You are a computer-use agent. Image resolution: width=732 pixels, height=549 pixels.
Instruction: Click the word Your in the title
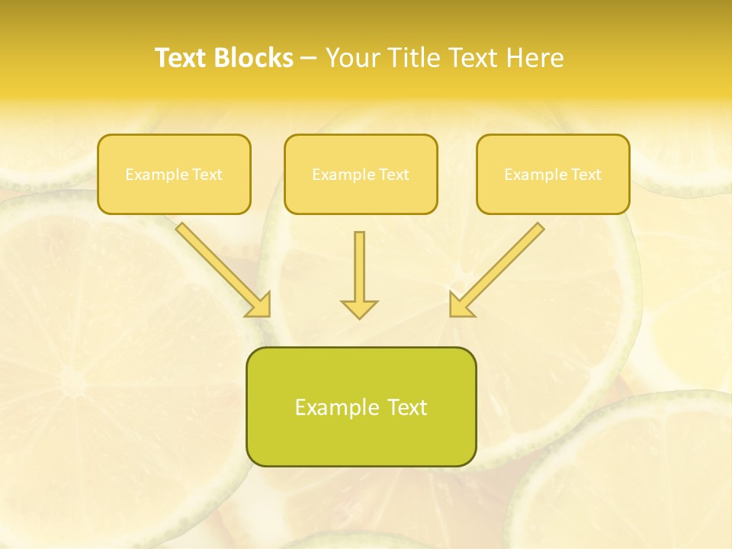coord(352,58)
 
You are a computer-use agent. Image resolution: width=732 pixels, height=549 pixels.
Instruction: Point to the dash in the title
coord(310,58)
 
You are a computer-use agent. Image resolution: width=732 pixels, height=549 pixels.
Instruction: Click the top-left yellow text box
coord(174,174)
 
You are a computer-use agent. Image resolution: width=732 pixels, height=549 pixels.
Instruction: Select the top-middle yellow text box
coord(361,174)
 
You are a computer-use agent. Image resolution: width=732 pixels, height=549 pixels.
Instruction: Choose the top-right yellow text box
coord(553,174)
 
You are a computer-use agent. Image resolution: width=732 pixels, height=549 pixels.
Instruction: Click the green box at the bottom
coord(361,406)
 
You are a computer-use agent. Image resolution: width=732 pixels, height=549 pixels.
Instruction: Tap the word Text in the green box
coord(407,407)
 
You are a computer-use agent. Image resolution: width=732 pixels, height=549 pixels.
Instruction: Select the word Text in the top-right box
coord(586,175)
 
